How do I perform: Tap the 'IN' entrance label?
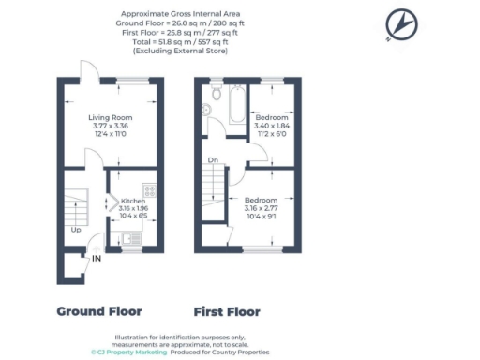pyautogui.click(x=97, y=259)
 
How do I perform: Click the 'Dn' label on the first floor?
pyautogui.click(x=214, y=159)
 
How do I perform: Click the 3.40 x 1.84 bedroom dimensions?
pyautogui.click(x=270, y=126)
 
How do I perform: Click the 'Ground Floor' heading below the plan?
pyautogui.click(x=99, y=310)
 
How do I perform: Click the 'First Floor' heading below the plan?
pyautogui.click(x=227, y=310)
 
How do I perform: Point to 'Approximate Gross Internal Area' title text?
pyautogui.click(x=178, y=14)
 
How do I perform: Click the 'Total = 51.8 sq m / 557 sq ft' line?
pyautogui.click(x=178, y=42)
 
